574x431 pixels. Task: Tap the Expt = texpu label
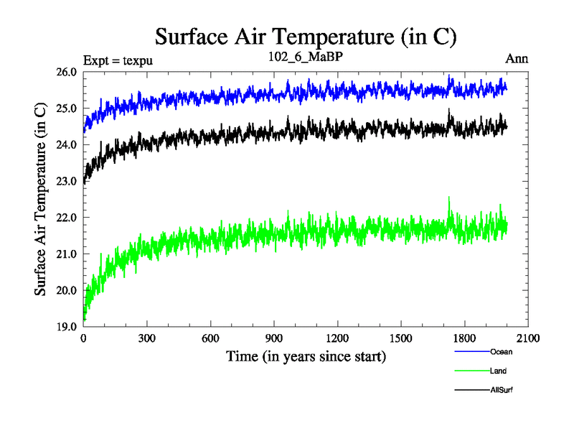tap(118, 60)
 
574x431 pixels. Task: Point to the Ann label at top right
tap(517, 59)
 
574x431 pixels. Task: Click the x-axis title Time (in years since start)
tap(306, 356)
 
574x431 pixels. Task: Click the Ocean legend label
tap(502, 352)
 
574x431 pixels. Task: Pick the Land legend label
tap(499, 371)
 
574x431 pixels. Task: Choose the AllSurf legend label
tap(502, 389)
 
